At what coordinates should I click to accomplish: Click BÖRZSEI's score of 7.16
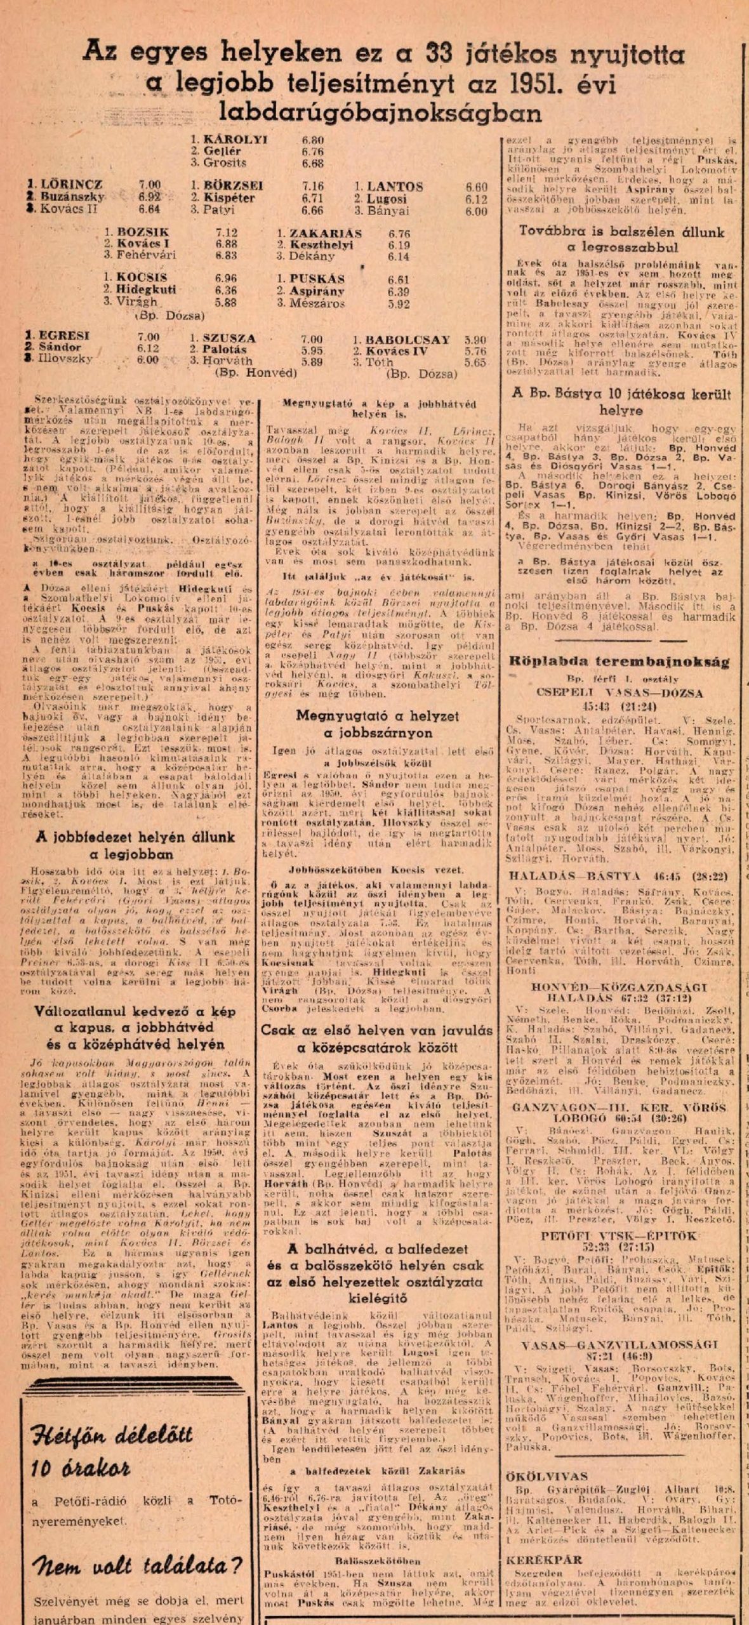313,186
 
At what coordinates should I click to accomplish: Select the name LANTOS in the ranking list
394,187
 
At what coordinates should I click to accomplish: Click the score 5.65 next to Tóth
475,363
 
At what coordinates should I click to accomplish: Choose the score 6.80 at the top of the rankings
314,140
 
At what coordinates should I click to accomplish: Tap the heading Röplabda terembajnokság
619,661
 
